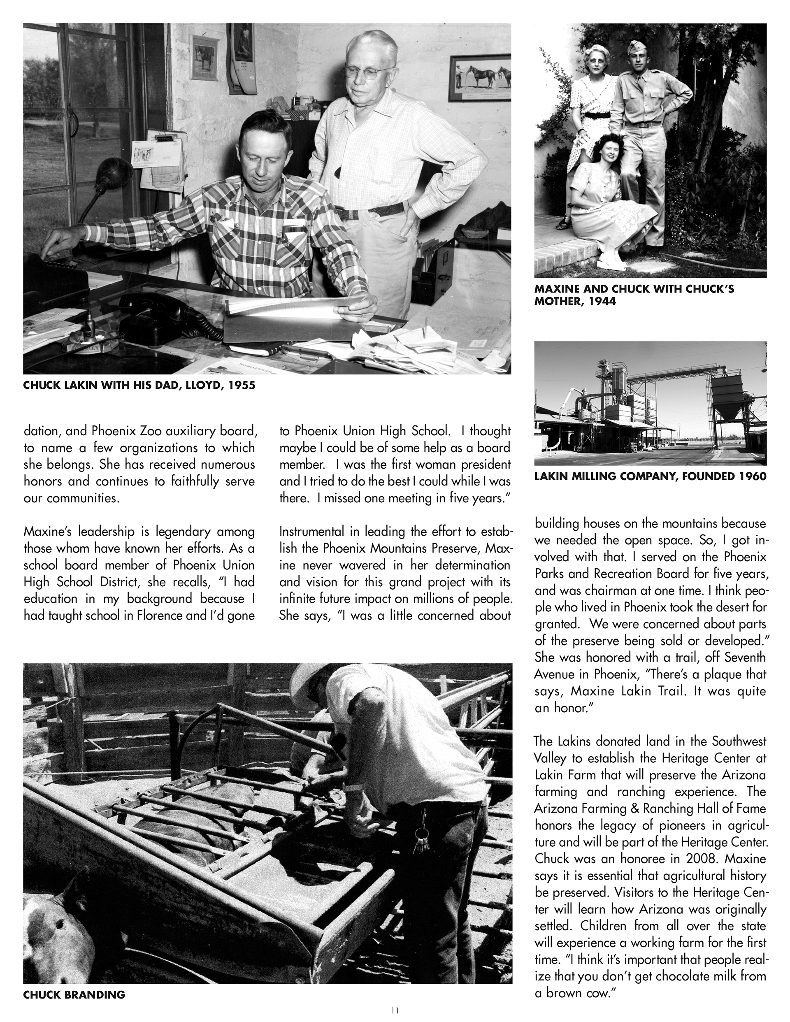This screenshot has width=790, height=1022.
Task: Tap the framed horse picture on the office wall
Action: tap(480, 78)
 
